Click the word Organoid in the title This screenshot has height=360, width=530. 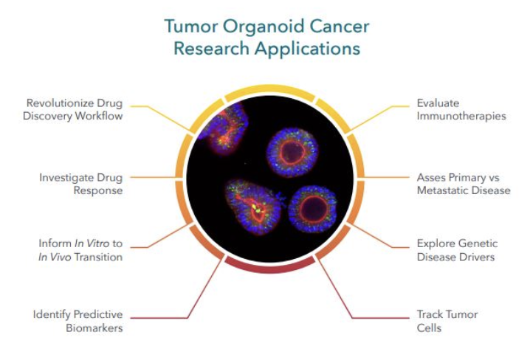coord(258,28)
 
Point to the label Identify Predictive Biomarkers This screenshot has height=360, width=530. coord(78,321)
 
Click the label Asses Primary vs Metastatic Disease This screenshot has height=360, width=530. coord(463,184)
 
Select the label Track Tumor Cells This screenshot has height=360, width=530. coord(447,321)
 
